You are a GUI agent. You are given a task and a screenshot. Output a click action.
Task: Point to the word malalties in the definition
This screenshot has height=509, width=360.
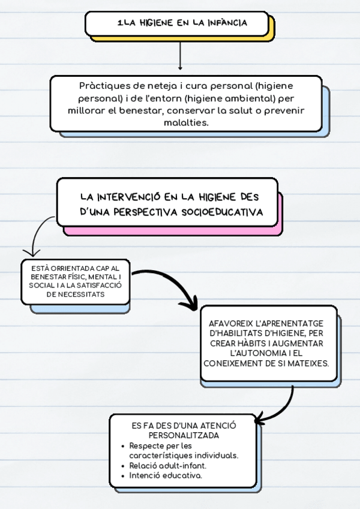[x=185, y=122]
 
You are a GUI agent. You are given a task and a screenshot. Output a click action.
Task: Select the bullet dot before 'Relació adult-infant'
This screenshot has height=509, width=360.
[x=123, y=465]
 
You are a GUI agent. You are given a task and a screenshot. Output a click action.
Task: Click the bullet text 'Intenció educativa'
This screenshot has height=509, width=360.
[x=166, y=475]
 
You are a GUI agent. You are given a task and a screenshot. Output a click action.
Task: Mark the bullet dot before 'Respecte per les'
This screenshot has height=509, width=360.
[x=123, y=446]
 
